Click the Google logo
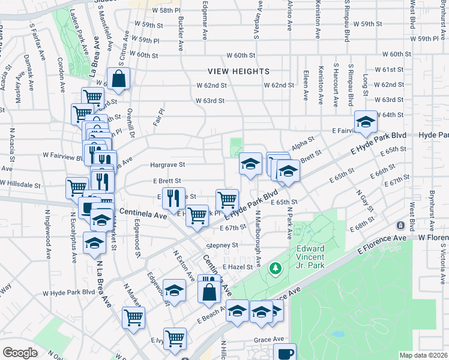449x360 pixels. (19, 353)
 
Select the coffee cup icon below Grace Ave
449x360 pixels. (285, 353)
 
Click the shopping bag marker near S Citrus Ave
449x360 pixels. (119, 78)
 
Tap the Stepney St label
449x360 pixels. (222, 245)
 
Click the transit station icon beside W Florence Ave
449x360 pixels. (400, 225)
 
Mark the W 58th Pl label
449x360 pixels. (166, 11)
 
